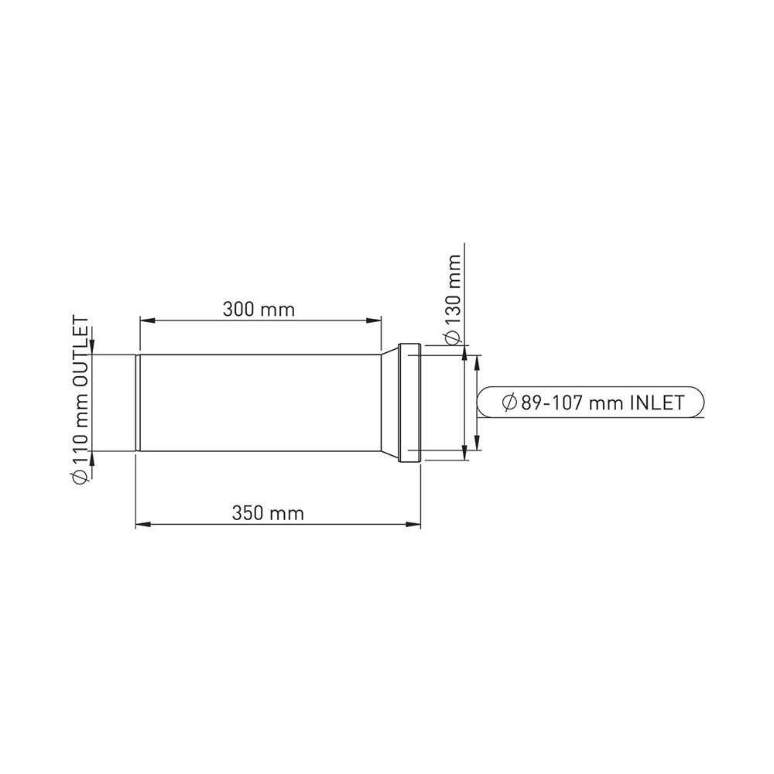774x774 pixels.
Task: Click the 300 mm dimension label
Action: pyautogui.click(x=259, y=310)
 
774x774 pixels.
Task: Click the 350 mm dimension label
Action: pyautogui.click(x=268, y=513)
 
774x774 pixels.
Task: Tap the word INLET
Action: pyautogui.click(x=658, y=402)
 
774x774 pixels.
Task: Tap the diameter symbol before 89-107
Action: pyautogui.click(x=509, y=402)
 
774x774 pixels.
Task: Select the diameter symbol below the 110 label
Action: pyautogui.click(x=80, y=477)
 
